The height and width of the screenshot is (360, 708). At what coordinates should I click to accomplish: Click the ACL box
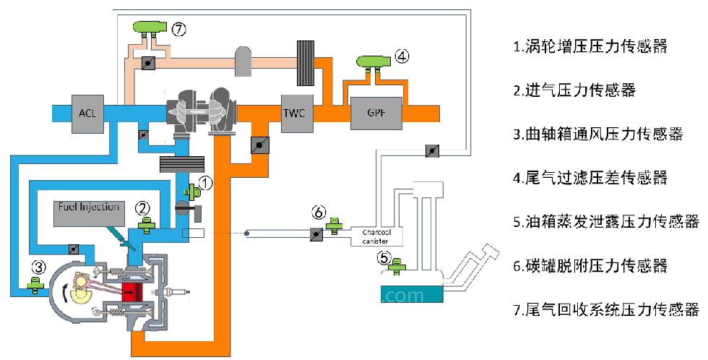tap(87, 113)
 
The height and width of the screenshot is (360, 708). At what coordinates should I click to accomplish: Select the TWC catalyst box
tap(295, 113)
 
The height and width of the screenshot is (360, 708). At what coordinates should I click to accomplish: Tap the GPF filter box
tap(376, 113)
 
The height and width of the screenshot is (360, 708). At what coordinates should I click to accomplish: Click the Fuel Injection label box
tap(89, 213)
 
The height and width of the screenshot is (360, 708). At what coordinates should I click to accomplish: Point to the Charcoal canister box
tap(376, 236)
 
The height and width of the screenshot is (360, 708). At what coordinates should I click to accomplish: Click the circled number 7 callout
tap(179, 30)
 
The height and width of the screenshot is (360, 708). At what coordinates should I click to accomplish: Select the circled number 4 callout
tap(402, 56)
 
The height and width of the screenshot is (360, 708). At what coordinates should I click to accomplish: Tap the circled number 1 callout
tap(205, 183)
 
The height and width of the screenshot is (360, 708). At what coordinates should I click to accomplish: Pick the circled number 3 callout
tap(39, 268)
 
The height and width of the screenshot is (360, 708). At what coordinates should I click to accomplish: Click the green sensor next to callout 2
tap(146, 225)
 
